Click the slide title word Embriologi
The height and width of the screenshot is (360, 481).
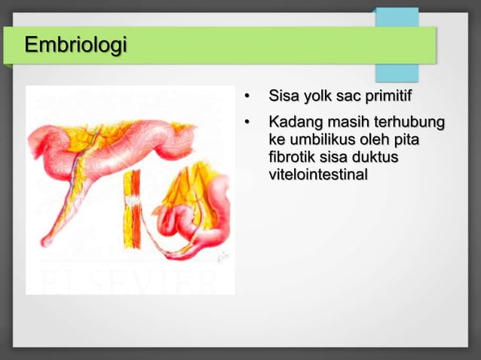[x=75, y=45]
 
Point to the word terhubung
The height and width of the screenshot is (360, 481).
[x=412, y=122]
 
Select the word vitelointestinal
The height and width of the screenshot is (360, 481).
[x=318, y=175]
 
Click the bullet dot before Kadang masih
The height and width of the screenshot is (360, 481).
[x=246, y=122]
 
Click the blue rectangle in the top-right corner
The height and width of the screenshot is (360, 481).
[x=397, y=45]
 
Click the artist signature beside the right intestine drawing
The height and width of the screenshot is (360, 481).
[x=222, y=258]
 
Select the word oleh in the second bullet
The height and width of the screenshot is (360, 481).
[x=382, y=140]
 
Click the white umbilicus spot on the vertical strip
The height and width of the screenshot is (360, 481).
[x=133, y=201]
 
